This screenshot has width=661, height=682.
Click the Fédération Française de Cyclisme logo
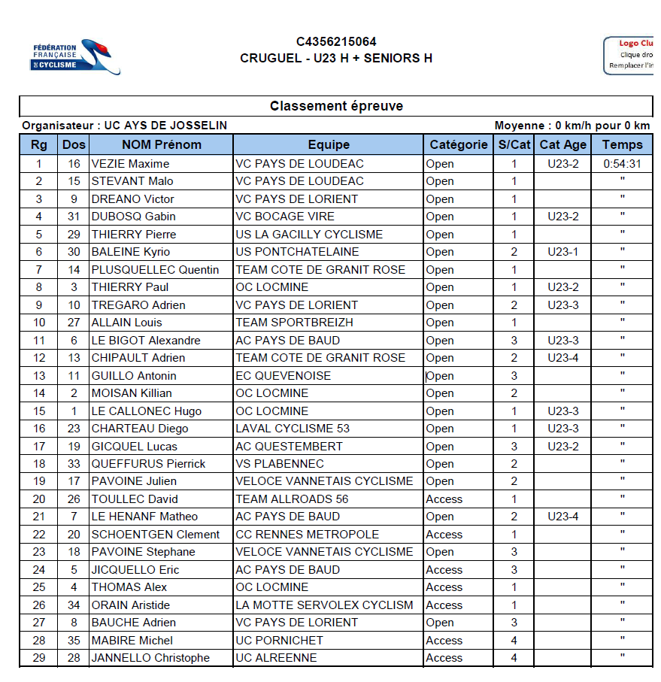click(76, 56)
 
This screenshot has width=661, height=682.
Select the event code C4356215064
click(336, 42)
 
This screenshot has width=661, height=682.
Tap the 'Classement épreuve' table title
click(336, 106)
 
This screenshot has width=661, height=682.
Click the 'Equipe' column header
click(329, 144)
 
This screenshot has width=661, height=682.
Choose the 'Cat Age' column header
click(562, 144)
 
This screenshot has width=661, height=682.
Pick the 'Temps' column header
click(622, 144)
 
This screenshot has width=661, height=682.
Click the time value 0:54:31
click(622, 164)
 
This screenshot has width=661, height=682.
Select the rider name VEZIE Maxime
click(130, 164)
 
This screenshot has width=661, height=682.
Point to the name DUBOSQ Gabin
click(133, 217)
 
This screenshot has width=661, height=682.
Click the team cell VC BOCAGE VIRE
click(285, 217)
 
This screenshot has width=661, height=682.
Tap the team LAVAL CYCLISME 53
click(293, 429)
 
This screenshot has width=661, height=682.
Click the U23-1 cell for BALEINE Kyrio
click(562, 252)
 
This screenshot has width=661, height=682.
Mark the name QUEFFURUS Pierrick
click(148, 464)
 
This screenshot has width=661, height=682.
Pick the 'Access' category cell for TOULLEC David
click(444, 499)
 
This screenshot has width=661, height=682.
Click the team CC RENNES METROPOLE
click(307, 535)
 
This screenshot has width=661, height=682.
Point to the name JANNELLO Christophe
click(150, 658)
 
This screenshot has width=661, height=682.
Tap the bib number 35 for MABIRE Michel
click(74, 641)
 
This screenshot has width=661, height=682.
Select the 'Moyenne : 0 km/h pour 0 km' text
click(572, 126)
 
